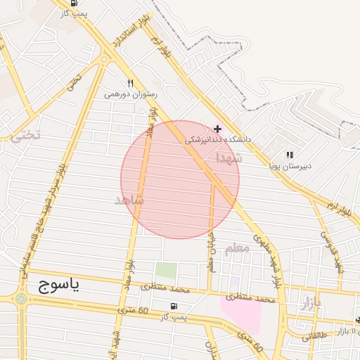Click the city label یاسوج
56,285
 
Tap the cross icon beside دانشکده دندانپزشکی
218,129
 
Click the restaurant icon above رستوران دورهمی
130,83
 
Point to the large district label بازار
310,304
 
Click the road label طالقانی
316,336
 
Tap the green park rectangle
166,270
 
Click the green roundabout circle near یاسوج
21,299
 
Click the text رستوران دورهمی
131,94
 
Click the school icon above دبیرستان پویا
290,155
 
